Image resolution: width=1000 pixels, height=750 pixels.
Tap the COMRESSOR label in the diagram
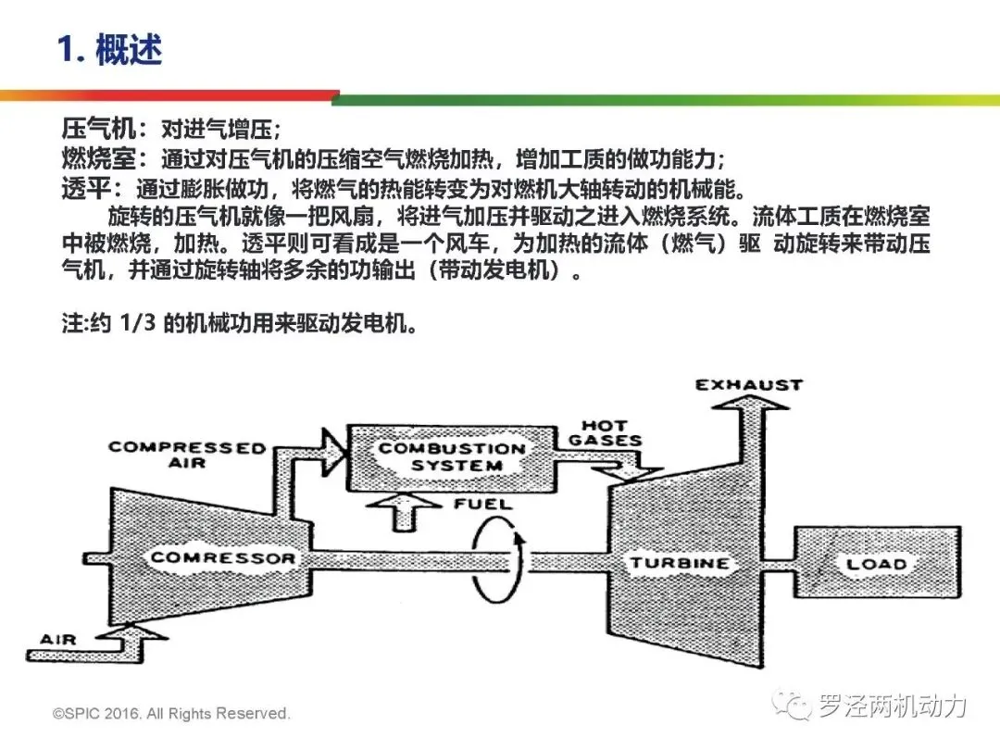[x=222, y=557]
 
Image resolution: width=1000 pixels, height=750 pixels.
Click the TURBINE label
[x=679, y=563]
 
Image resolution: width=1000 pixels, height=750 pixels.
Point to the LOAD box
[x=875, y=563]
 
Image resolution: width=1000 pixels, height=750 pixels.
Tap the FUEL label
[x=482, y=505]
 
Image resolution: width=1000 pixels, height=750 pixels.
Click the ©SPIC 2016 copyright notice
[x=172, y=713]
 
